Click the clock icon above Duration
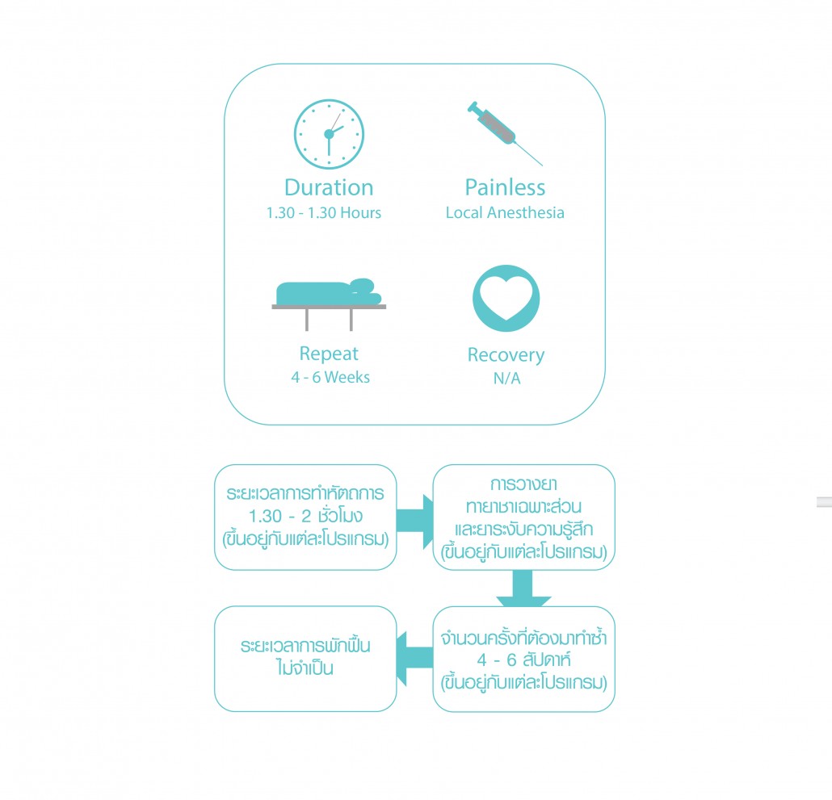[x=329, y=134]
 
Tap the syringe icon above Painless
[x=505, y=133]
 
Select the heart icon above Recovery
[x=506, y=299]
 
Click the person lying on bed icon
[x=329, y=304]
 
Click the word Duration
[x=329, y=187]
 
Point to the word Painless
[x=505, y=187]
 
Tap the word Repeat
[x=329, y=354]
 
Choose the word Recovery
[x=506, y=355]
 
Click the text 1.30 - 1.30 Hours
[x=324, y=212]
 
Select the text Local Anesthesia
[x=505, y=212]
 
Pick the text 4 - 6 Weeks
[x=330, y=377]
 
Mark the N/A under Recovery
[x=506, y=378]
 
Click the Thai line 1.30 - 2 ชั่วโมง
[x=305, y=515]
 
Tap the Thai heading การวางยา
[x=523, y=484]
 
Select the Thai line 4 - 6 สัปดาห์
[x=523, y=660]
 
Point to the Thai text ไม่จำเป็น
[x=305, y=668]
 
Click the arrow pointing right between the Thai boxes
[x=415, y=521]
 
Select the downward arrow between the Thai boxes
[x=523, y=588]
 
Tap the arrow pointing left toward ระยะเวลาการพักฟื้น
[x=415, y=659]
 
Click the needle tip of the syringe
[x=542, y=165]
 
